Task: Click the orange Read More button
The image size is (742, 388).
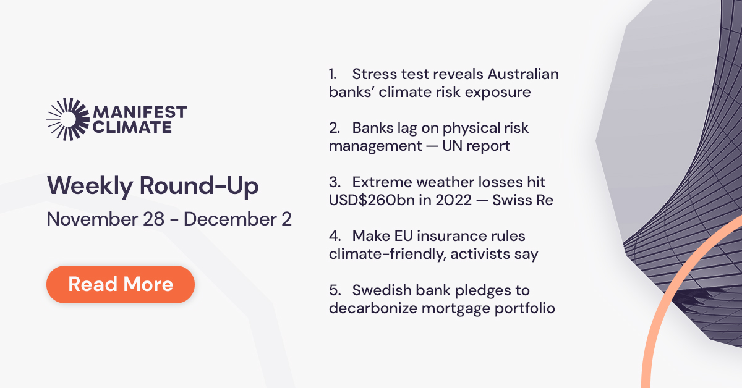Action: coord(121,284)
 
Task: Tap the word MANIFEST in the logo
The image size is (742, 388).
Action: coord(139,113)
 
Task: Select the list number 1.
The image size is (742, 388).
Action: coord(332,75)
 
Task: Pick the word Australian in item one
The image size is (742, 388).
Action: coord(523,75)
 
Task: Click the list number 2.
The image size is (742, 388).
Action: coord(334,129)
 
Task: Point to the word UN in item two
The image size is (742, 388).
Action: coord(474,146)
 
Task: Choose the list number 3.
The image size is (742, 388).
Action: coord(334,182)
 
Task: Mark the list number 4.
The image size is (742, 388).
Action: coord(334,236)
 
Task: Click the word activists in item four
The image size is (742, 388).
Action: coord(477,254)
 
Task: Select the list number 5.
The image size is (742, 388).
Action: coord(334,290)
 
